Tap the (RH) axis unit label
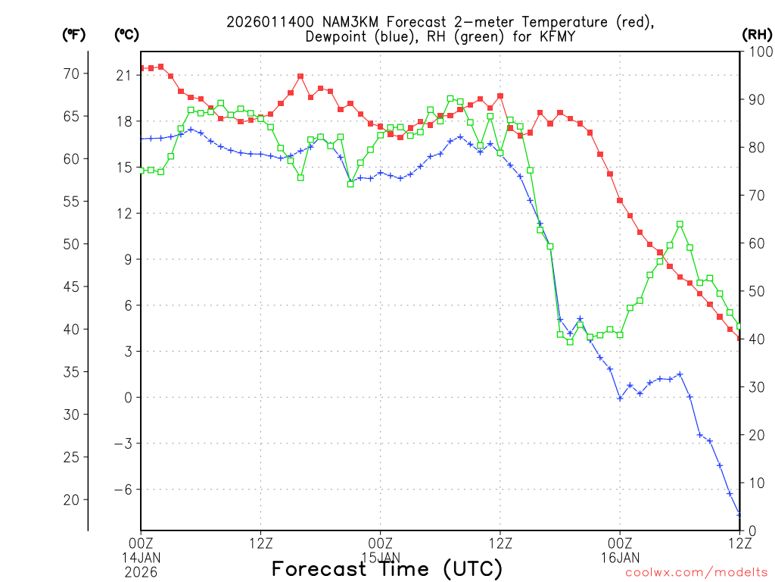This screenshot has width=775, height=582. click(x=758, y=34)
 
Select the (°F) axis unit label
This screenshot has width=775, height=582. click(x=73, y=34)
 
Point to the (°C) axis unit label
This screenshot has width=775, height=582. click(x=126, y=34)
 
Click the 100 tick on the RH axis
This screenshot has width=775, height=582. click(x=757, y=51)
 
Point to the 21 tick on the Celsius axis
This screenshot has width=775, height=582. click(x=124, y=74)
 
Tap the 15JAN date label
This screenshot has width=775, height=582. click(x=380, y=557)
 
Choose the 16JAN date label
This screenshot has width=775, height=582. click(x=620, y=557)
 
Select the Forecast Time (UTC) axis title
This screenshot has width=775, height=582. click(x=387, y=569)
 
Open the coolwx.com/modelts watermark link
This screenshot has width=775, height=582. click(x=696, y=572)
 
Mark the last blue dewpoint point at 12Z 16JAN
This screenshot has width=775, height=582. click(x=739, y=515)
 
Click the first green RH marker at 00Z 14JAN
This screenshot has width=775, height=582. click(x=142, y=171)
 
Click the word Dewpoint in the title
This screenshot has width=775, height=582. click(x=337, y=36)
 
